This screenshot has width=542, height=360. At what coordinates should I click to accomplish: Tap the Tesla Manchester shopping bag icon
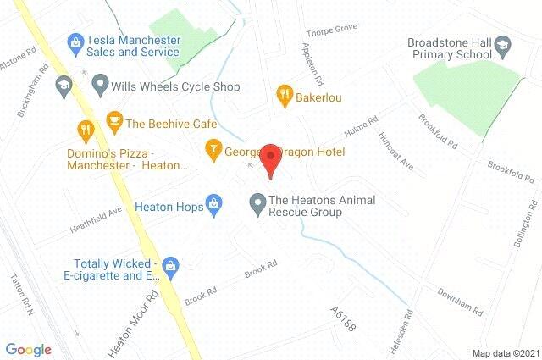[75, 41]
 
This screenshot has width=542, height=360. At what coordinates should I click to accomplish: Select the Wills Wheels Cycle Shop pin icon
[100, 86]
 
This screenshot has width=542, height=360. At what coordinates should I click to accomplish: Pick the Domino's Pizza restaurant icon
[85, 130]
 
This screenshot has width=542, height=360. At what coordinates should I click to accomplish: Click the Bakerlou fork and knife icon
[285, 96]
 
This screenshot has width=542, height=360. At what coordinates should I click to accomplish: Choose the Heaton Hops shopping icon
[215, 204]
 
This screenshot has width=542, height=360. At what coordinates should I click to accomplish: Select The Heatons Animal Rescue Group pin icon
[257, 203]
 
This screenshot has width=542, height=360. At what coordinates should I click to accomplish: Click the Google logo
[29, 350]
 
